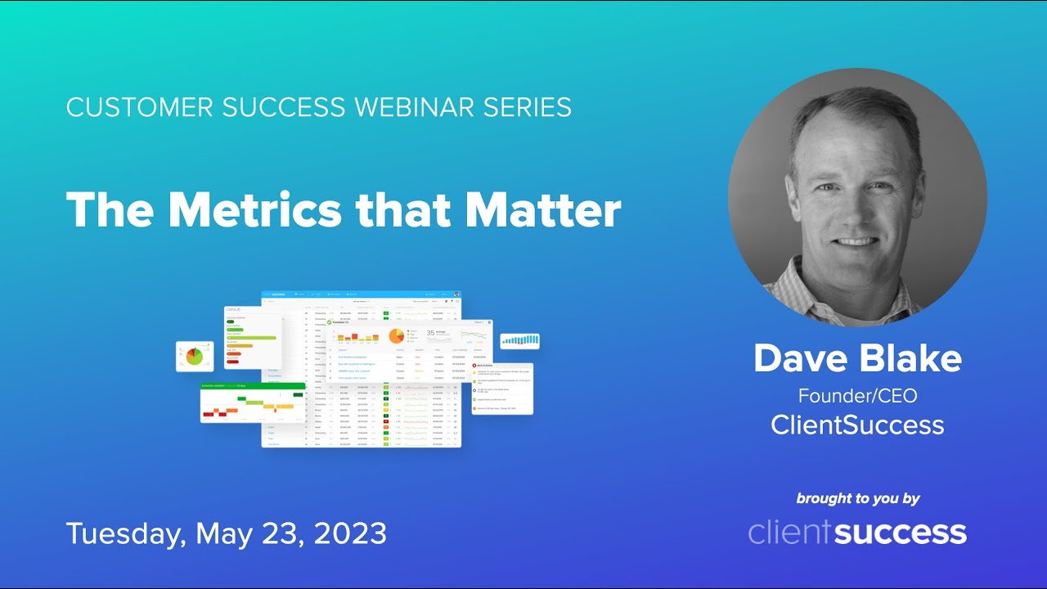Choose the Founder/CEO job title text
857,396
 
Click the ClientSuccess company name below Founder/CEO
857,425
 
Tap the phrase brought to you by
857,498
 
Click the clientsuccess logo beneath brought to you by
857,533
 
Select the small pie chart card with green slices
194,357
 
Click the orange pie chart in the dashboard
396,336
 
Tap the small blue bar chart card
520,339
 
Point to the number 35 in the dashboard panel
430,333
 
